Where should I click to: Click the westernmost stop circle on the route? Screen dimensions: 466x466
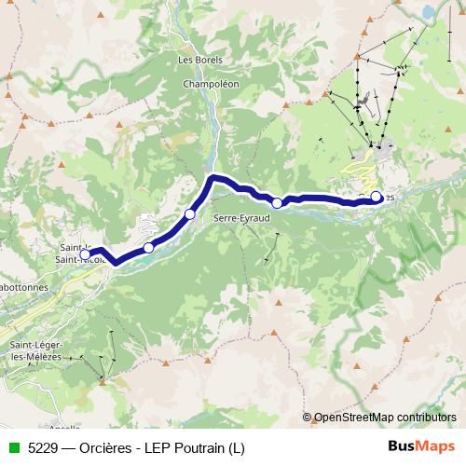tap(86, 254)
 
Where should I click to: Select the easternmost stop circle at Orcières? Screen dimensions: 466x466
tap(377, 197)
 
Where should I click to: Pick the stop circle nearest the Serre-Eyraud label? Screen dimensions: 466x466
tap(277, 202)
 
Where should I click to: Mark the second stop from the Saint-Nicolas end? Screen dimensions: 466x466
tap(148, 248)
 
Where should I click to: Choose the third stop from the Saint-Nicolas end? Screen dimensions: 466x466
tap(190, 214)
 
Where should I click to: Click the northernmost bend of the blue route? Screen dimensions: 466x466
tap(213, 176)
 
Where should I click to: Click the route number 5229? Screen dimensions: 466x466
tap(40, 447)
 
